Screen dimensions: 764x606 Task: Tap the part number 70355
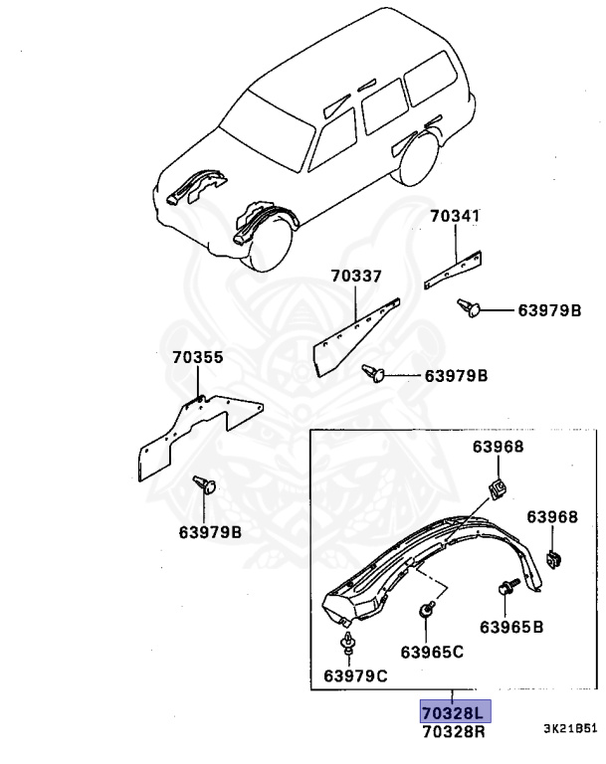click(197, 356)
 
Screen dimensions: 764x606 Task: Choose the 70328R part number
click(452, 731)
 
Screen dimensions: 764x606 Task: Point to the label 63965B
click(511, 627)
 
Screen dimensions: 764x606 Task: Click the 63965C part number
click(432, 652)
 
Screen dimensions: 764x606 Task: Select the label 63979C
click(354, 676)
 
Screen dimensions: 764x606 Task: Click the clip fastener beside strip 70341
click(471, 309)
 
